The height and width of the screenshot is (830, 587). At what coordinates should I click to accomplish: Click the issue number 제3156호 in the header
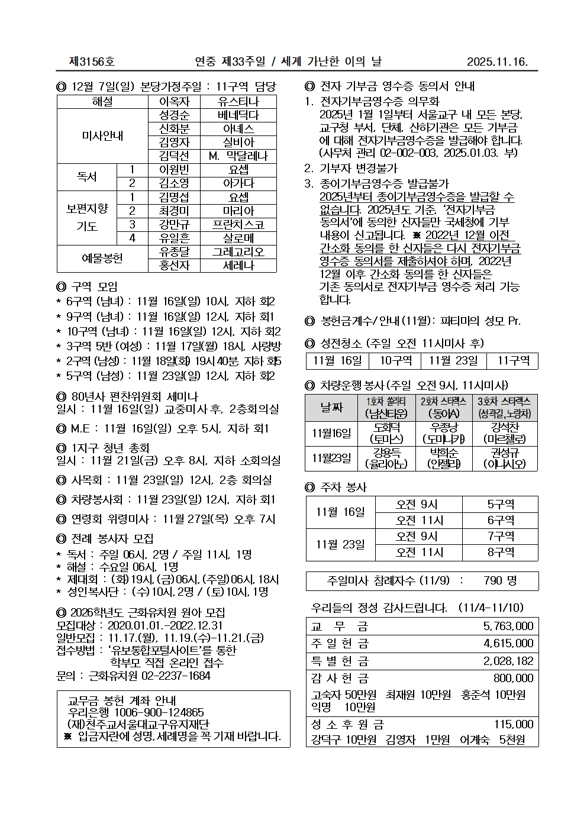click(92, 62)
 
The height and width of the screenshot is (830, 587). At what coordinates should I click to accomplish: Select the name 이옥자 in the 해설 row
click(174, 102)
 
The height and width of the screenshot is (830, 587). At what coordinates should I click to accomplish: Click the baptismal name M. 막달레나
click(238, 156)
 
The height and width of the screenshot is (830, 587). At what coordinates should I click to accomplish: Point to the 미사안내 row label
click(102, 135)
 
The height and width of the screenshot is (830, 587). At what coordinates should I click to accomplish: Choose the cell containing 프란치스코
click(238, 224)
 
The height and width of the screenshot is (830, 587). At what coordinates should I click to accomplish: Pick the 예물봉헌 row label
click(102, 259)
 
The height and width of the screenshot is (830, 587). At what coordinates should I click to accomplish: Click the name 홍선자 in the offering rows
click(174, 266)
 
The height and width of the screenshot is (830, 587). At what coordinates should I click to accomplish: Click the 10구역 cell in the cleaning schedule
click(395, 361)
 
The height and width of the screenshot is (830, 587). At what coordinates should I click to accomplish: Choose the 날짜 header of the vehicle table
click(331, 408)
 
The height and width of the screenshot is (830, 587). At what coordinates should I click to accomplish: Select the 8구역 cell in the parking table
click(500, 553)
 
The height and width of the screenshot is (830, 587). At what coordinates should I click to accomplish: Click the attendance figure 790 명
click(500, 581)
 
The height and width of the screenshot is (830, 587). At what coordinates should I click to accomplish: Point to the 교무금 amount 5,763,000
click(508, 626)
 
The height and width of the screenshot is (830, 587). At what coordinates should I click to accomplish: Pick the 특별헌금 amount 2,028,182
click(508, 660)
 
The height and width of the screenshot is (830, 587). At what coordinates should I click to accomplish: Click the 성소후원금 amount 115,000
click(513, 724)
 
